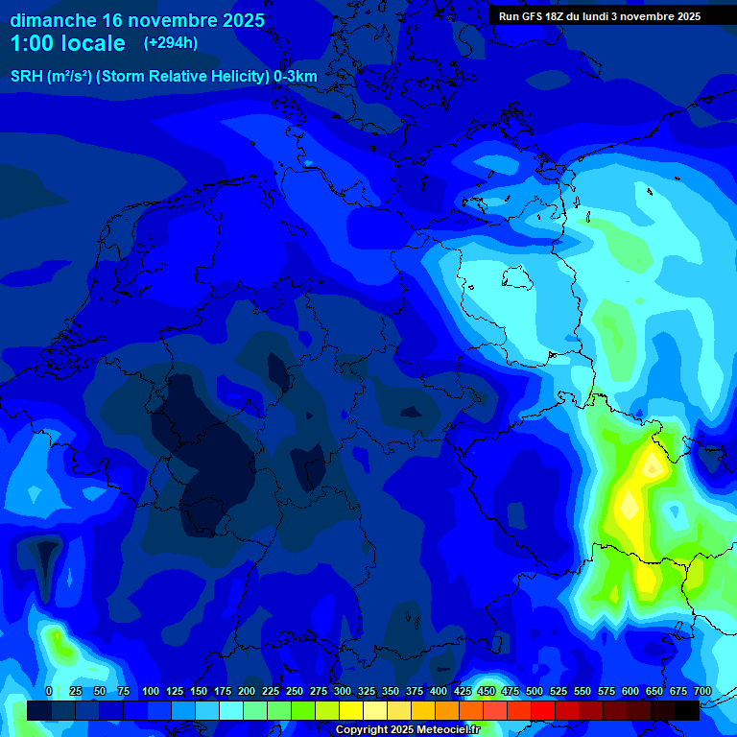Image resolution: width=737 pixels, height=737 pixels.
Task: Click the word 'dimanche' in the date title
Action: pyautogui.click(x=53, y=20)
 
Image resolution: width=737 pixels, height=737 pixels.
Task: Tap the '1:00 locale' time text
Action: pyautogui.click(x=67, y=43)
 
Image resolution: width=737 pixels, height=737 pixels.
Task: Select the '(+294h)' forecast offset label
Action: pyautogui.click(x=171, y=43)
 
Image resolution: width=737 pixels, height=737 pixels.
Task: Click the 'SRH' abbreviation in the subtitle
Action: pyautogui.click(x=27, y=76)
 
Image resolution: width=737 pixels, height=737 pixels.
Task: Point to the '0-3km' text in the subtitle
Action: pyautogui.click(x=296, y=76)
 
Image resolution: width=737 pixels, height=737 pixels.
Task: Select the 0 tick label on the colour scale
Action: pyautogui.click(x=49, y=691)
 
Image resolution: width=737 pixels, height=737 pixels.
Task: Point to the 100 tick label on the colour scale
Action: pyautogui.click(x=151, y=691)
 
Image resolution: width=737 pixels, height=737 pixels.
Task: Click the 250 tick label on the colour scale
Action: pyautogui.click(x=295, y=691)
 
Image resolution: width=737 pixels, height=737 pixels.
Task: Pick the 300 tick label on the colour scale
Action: pyautogui.click(x=343, y=691)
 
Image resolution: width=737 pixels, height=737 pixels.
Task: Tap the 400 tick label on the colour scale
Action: pyautogui.click(x=439, y=691)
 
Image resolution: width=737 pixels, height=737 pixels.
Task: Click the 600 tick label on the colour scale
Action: pyautogui.click(x=630, y=691)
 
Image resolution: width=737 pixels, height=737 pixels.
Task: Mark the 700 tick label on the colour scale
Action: pyautogui.click(x=702, y=691)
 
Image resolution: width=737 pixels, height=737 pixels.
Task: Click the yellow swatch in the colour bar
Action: pyautogui.click(x=351, y=710)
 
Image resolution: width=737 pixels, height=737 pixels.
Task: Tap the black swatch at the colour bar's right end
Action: pyautogui.click(x=687, y=710)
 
